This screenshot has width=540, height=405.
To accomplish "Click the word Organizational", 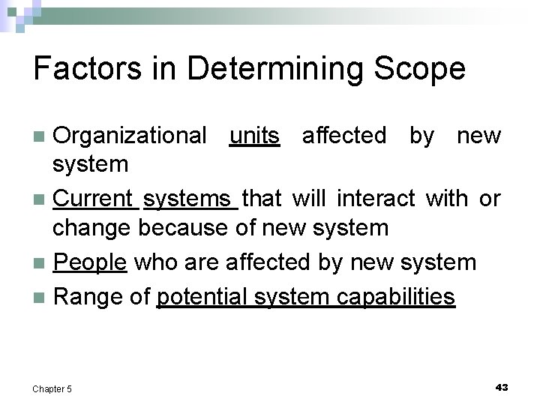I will pos(131,136).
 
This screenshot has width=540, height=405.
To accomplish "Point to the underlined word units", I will pos(254,136).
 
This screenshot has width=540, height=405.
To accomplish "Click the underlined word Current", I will pos(94,199).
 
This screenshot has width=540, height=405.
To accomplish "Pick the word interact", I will pos(376,199).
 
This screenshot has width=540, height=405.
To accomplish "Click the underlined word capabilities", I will pos(394,297).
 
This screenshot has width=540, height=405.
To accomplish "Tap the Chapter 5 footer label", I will pos(52,388).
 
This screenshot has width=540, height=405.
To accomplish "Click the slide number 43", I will pos(502,387).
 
